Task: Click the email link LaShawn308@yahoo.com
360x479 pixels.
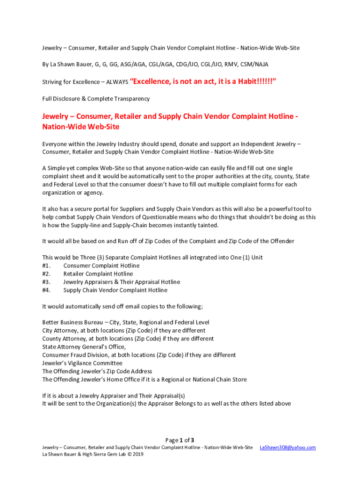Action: (288, 448)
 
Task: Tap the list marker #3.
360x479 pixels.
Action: (46, 282)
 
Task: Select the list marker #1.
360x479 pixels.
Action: (46, 266)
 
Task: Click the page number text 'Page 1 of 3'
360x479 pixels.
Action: (180, 440)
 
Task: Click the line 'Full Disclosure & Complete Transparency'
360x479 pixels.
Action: (96, 99)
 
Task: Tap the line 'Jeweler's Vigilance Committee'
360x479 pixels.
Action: (82, 363)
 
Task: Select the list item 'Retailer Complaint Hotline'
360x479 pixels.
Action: (98, 274)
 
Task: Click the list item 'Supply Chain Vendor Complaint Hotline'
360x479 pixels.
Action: (115, 290)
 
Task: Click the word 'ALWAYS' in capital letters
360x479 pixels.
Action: (117, 82)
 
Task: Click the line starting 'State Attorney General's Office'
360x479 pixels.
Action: (84, 347)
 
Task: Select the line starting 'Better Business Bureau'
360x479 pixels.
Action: (126, 322)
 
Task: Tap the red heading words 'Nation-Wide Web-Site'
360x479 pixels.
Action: (81, 127)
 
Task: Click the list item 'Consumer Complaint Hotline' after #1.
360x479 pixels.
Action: (101, 266)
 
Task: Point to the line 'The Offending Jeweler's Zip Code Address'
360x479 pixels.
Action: (97, 371)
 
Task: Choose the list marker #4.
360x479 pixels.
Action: (46, 290)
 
